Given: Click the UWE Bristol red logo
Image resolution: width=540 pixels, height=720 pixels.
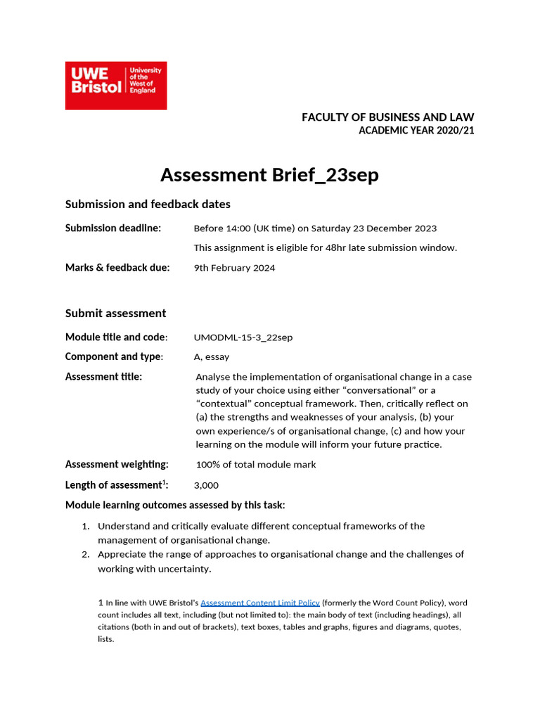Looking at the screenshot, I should click(x=116, y=85).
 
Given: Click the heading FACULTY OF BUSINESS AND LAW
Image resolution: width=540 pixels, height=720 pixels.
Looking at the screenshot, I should click(x=387, y=117).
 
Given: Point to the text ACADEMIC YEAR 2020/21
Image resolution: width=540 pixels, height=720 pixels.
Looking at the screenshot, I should click(x=416, y=131).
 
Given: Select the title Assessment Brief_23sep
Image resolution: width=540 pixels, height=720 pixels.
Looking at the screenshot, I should click(x=269, y=174).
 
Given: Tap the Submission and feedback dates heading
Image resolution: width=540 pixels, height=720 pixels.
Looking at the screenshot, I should click(x=148, y=205).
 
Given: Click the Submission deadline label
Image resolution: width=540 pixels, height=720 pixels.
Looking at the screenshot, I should click(x=113, y=228).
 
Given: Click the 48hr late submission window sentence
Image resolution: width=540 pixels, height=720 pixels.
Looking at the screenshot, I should click(x=326, y=247).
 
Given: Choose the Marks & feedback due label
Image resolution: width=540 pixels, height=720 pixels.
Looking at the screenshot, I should click(x=117, y=267).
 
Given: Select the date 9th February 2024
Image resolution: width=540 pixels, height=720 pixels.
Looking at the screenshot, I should click(x=235, y=268).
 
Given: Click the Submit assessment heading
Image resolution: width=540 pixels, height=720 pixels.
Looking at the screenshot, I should click(x=116, y=314).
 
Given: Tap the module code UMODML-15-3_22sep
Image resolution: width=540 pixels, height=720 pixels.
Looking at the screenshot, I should click(x=243, y=337).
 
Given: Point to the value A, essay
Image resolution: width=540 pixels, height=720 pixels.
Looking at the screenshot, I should click(x=212, y=357).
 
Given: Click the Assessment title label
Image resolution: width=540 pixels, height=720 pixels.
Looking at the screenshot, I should click(x=103, y=377).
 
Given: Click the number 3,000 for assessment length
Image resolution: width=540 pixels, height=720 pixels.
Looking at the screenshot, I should click(x=206, y=485).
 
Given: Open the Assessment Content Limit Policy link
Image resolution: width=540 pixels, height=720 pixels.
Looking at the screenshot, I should click(x=260, y=603).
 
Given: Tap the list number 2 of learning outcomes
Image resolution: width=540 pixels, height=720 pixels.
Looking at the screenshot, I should click(x=84, y=555).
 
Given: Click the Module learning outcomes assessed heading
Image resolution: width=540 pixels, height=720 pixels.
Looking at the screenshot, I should click(x=175, y=506).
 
